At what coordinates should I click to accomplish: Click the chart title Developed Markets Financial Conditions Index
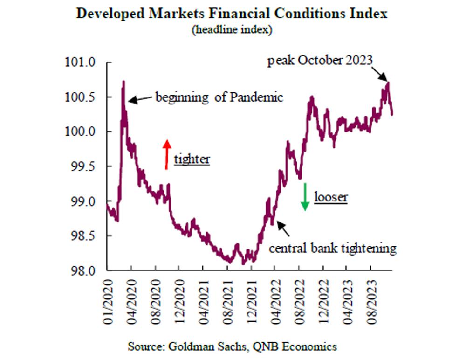[232, 13]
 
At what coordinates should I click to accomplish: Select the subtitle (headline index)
[232, 29]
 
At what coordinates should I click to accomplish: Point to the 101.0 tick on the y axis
[82, 62]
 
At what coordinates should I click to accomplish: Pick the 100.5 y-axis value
[82, 97]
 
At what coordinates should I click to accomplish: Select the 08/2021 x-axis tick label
[228, 297]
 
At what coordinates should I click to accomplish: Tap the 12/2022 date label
[323, 297]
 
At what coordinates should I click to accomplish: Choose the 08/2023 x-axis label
[371, 297]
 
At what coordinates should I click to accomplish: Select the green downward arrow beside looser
[305, 196]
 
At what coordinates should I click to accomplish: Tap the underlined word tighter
[192, 159]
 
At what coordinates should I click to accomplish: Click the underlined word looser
[331, 197]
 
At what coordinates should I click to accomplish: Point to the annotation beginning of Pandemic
[219, 98]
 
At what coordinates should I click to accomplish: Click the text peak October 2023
[320, 61]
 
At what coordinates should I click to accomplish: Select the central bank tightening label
[333, 248]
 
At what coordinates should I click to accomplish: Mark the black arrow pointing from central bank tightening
[283, 228]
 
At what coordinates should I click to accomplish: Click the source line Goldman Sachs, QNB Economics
[232, 346]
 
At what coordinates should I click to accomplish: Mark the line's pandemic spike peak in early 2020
[123, 82]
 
